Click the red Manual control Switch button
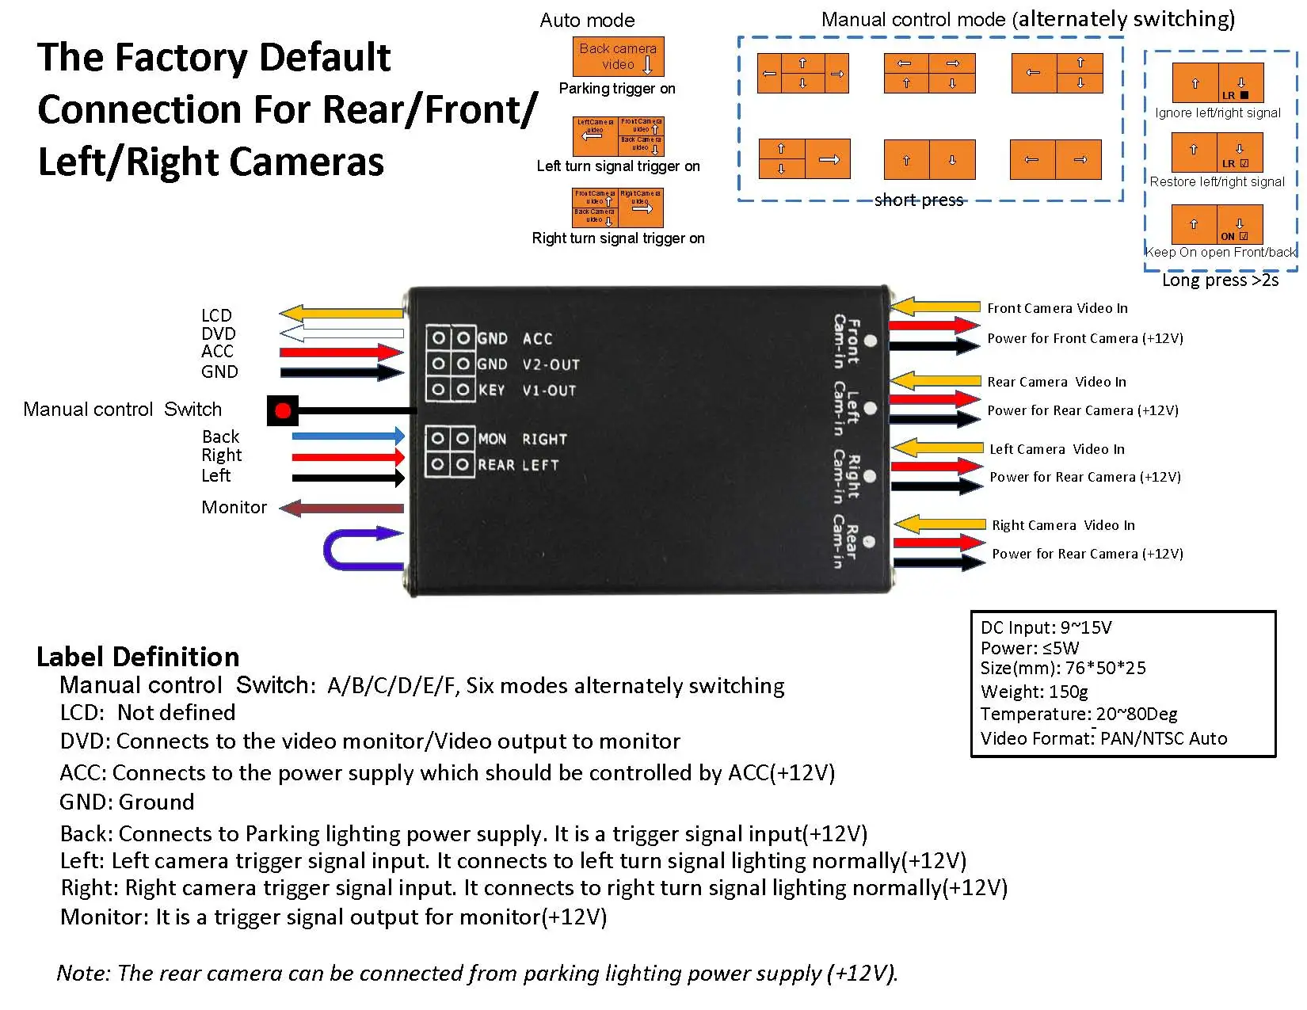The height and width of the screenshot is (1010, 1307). (x=283, y=410)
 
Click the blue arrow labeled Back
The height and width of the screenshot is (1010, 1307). (x=348, y=436)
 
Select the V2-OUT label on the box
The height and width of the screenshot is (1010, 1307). (x=551, y=364)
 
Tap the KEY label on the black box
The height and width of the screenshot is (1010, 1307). (x=491, y=390)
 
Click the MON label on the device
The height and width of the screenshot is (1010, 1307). (x=492, y=439)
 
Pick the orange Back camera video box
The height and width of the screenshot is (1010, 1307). (x=618, y=57)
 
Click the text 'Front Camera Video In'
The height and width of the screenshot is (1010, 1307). (x=1057, y=308)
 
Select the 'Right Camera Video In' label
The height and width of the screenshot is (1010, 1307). (x=1063, y=525)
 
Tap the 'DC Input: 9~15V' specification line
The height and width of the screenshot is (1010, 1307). (x=1046, y=628)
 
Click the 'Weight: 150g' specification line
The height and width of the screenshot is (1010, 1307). (x=1034, y=692)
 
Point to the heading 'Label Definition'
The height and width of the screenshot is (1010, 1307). (x=138, y=657)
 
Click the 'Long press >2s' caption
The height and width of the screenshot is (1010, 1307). (x=1220, y=280)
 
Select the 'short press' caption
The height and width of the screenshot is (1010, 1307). (x=919, y=200)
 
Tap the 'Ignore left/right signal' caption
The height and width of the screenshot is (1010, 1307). (x=1217, y=113)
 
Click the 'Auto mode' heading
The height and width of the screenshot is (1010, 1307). (x=587, y=21)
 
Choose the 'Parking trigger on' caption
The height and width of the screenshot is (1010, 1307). (x=617, y=89)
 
